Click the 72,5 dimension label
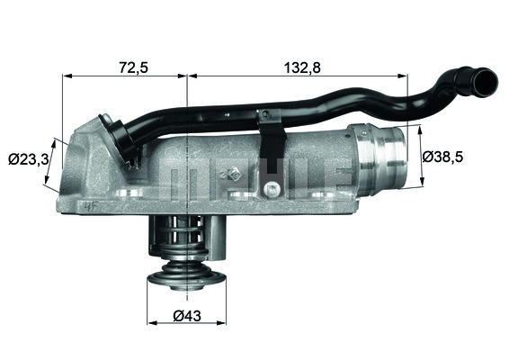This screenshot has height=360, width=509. pyautogui.click(x=133, y=67)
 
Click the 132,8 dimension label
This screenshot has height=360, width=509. pyautogui.click(x=302, y=67)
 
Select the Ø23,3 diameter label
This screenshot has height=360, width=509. pyautogui.click(x=29, y=159)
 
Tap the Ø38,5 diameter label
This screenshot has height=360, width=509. pyautogui.click(x=442, y=157)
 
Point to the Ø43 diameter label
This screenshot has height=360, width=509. pyautogui.click(x=187, y=316)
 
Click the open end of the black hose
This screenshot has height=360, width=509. pyautogui.click(x=486, y=82)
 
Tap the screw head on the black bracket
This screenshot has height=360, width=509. pyautogui.click(x=272, y=189)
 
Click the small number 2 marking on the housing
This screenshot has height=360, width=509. pyautogui.click(x=223, y=174)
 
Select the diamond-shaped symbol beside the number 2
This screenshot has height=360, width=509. pyautogui.click(x=234, y=175)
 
